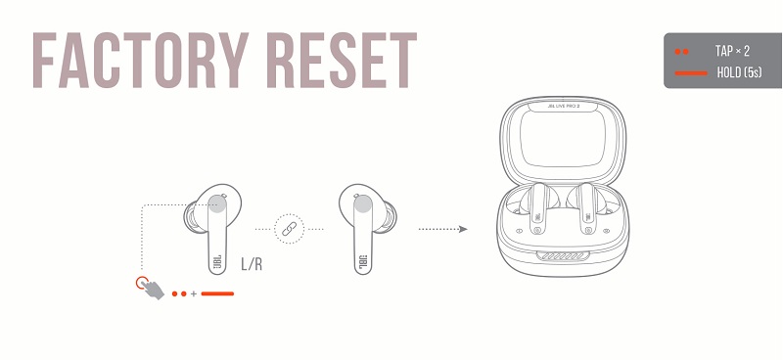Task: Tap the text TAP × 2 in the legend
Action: [732, 50]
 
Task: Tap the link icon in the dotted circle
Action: [289, 229]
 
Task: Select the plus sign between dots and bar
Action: [194, 292]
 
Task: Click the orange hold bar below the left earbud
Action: [216, 292]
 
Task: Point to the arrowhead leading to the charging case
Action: [462, 229]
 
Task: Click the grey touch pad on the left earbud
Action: [219, 202]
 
